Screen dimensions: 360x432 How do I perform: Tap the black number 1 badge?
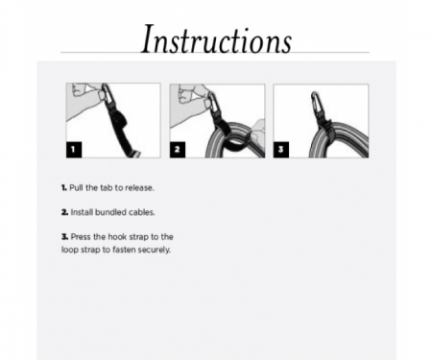coord(76,149)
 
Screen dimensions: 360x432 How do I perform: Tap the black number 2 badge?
coord(180,149)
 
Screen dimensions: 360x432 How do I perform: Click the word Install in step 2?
coord(82,210)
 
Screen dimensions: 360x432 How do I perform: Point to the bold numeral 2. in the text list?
coord(62,210)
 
